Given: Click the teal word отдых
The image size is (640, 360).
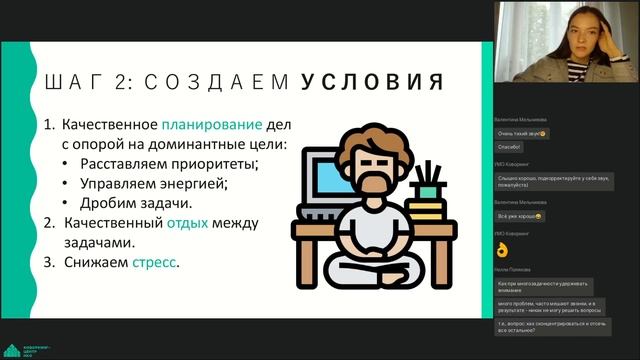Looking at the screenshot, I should pos(187,223).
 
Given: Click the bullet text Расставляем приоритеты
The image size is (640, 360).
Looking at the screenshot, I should pos(169,165).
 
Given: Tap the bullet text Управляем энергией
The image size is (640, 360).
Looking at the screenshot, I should pos(157,184).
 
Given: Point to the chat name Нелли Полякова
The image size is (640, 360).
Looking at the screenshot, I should pos(517,269).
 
